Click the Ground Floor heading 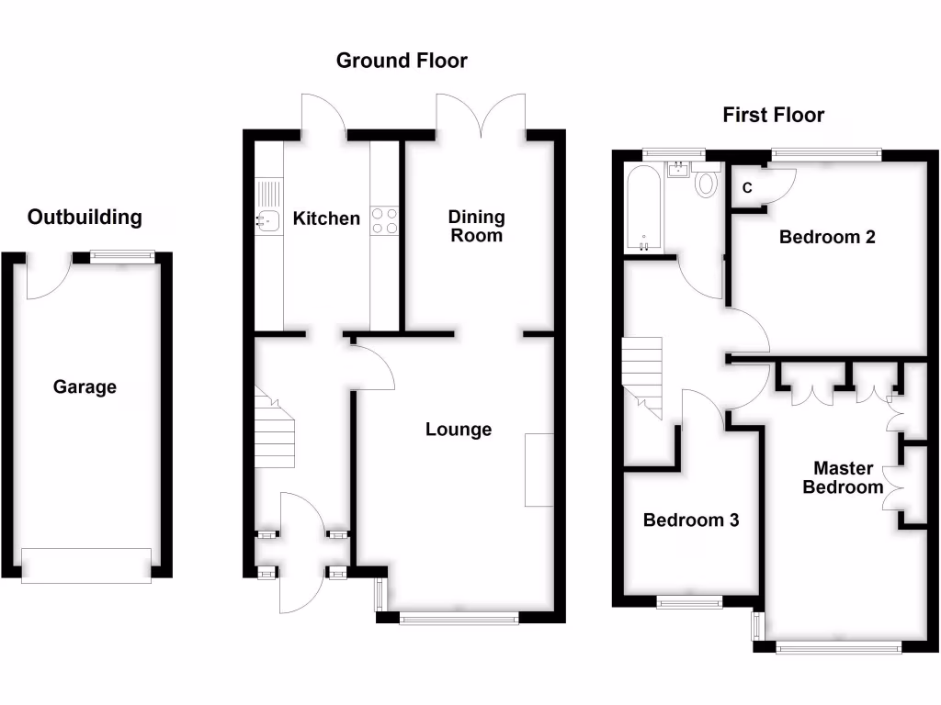click(402, 61)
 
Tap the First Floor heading click(773, 115)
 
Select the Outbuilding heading click(85, 218)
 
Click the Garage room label click(85, 386)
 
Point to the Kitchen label click(326, 218)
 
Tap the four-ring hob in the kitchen click(385, 220)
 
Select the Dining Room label click(476, 226)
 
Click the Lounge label click(459, 429)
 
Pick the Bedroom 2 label click(827, 237)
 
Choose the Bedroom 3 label click(691, 520)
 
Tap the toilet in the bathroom click(707, 183)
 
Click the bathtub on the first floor click(642, 209)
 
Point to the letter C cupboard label click(747, 188)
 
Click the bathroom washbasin click(680, 169)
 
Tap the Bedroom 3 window click(689, 601)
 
